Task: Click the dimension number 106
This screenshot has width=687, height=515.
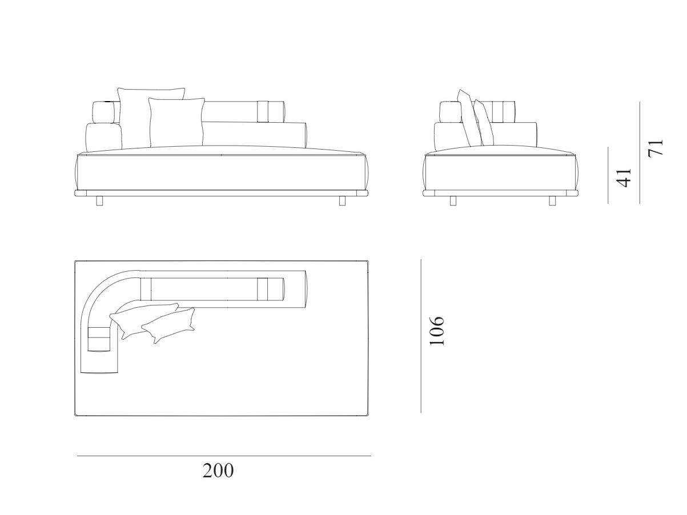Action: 437,331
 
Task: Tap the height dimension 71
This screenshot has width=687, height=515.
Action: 655,148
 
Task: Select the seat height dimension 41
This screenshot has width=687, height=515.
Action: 623,178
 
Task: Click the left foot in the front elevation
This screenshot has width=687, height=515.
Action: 99,200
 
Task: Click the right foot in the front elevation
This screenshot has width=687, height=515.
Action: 343,200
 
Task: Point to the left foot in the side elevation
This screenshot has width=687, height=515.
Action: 453,200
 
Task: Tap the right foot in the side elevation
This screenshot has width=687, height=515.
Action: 552,200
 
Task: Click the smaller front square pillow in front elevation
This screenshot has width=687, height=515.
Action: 176,122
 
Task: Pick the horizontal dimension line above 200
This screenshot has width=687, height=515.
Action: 224,456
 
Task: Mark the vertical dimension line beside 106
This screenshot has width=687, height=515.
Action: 421,336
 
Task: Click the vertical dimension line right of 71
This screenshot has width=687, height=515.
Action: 640,152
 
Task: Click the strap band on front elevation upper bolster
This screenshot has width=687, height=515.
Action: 263,111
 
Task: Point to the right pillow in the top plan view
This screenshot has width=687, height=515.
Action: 168,325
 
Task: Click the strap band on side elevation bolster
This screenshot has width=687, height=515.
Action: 497,111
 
